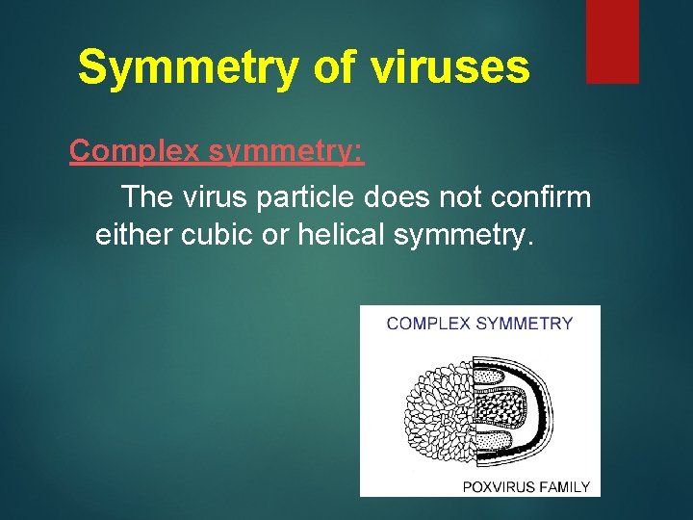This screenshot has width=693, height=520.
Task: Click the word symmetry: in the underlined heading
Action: click(x=286, y=151)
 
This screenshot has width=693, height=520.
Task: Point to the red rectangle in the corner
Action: click(x=612, y=41)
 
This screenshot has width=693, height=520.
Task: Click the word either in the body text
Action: click(x=132, y=234)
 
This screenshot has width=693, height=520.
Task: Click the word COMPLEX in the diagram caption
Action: click(x=426, y=324)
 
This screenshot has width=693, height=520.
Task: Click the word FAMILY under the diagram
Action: click(x=567, y=486)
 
